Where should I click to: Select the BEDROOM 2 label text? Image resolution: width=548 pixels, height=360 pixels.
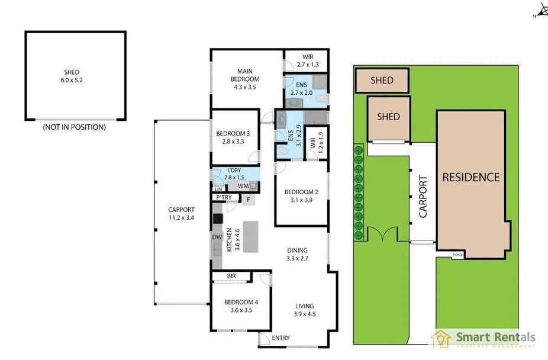point(301,196)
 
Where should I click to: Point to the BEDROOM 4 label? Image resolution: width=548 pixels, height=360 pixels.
point(241,306)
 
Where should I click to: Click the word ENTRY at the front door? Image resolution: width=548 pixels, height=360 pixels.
point(281,338)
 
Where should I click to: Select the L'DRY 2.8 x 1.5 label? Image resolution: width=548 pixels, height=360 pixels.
point(235,174)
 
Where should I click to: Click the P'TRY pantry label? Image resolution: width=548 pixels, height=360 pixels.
point(223,198)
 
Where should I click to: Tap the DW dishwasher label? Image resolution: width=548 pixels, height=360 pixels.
point(217,237)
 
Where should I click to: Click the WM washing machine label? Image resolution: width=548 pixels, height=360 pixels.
point(243,187)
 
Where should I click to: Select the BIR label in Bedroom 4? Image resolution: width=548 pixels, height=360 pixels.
point(232,277)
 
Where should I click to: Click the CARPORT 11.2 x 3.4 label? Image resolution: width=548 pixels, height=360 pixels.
point(180,213)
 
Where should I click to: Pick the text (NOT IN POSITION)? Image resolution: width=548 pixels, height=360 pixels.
point(75,127)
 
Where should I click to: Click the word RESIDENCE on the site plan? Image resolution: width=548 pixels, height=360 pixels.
point(471,176)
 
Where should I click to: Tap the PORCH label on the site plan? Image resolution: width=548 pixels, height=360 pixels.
point(457,255)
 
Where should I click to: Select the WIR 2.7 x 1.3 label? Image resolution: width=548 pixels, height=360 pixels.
point(307,61)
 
